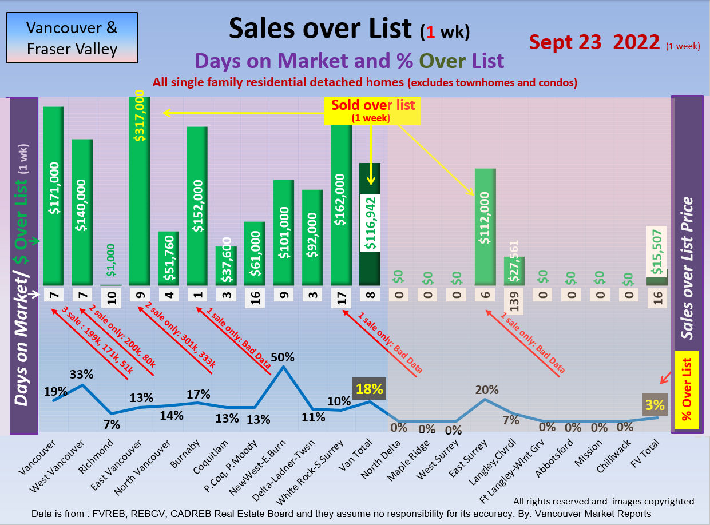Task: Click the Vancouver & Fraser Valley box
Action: tap(72, 38)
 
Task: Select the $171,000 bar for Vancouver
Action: tap(53, 194)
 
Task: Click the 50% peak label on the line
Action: tap(282, 357)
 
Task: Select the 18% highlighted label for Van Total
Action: tap(369, 389)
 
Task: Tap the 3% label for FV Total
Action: tap(655, 405)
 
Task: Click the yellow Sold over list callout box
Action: tap(372, 110)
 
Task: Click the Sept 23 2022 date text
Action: tap(595, 42)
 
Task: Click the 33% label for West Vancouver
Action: tap(82, 375)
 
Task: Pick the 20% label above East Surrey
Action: tap(486, 390)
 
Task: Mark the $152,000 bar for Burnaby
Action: tap(197, 206)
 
